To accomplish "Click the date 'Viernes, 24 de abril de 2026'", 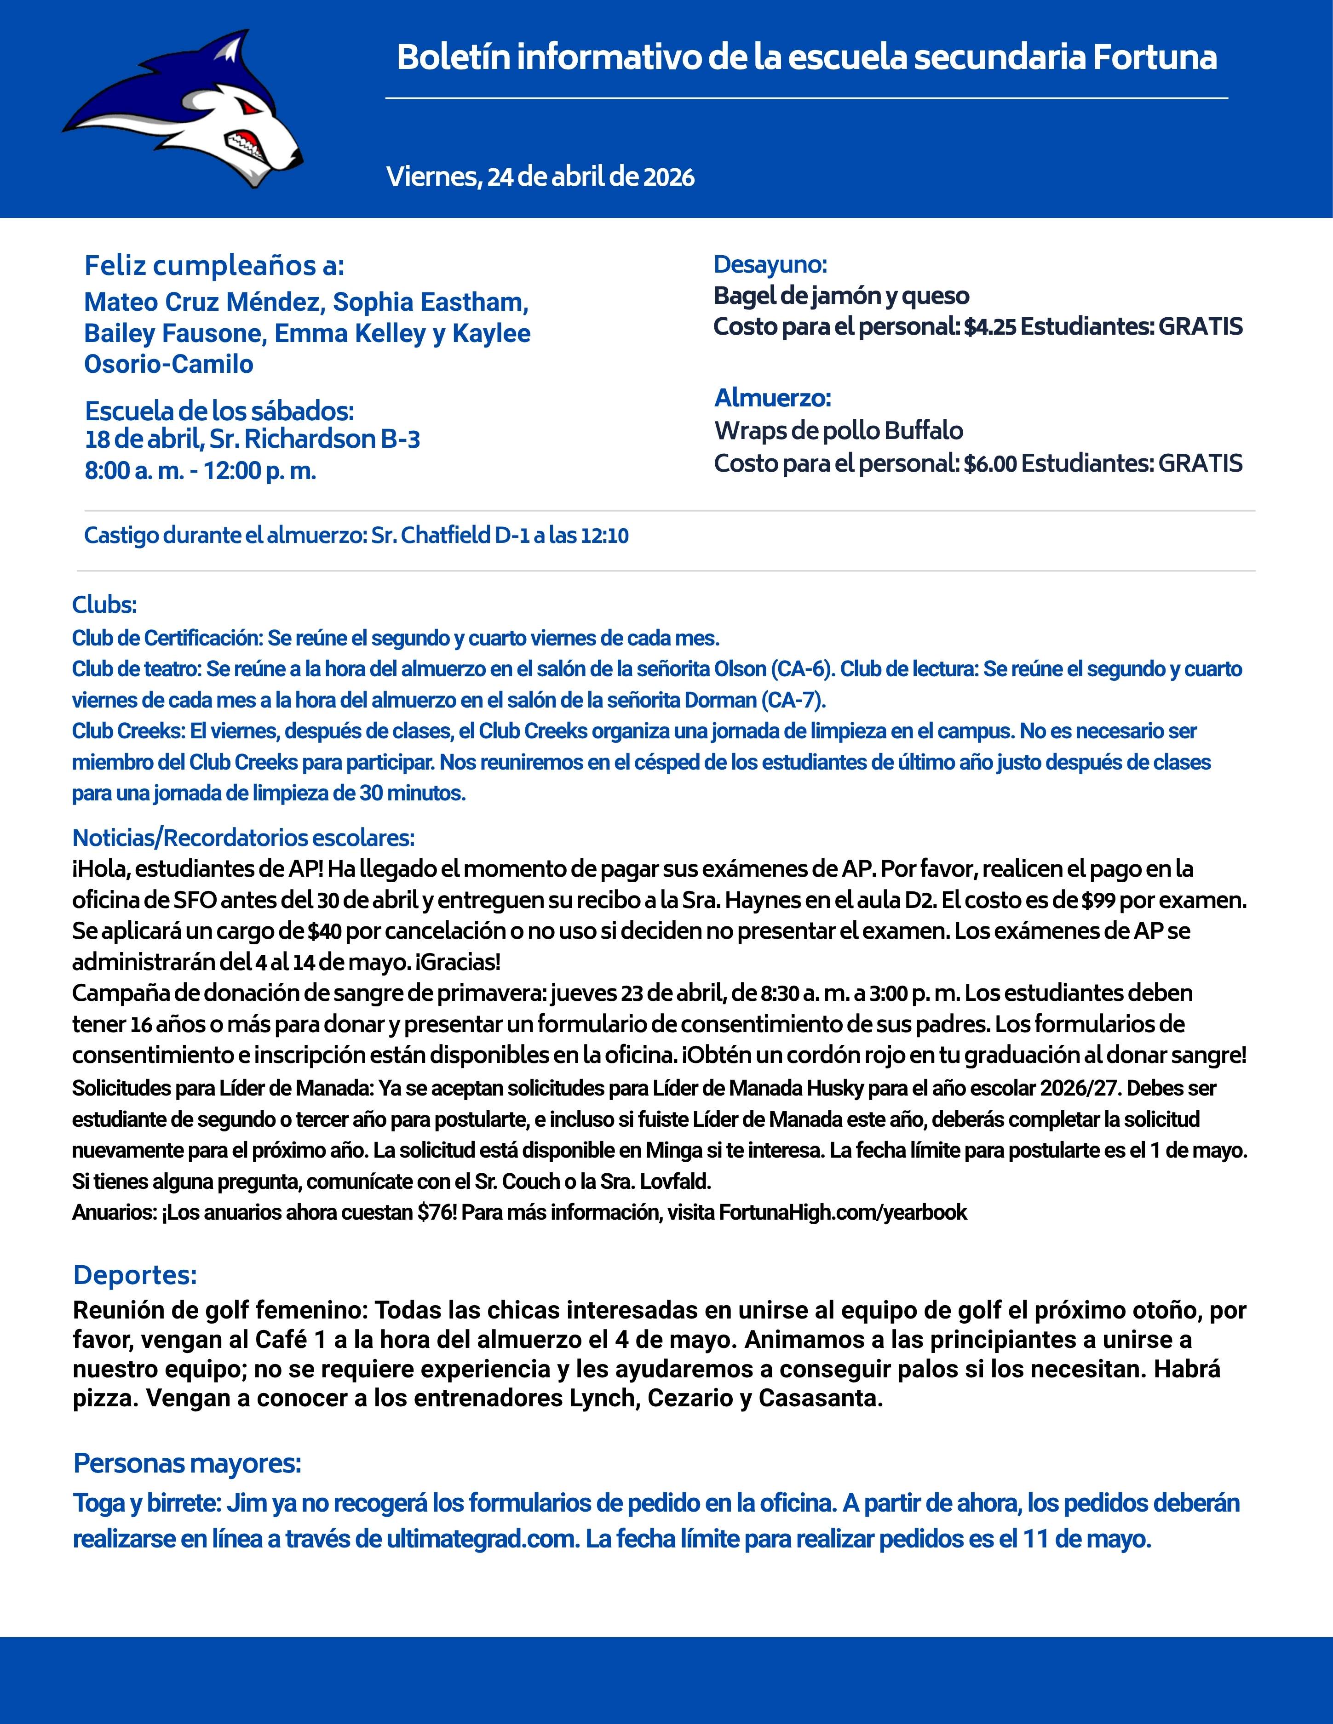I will click(x=540, y=177).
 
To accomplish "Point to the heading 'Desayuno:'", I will click(x=770, y=264).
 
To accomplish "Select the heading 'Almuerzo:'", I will click(x=772, y=398).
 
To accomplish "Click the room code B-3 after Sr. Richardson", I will click(x=400, y=439).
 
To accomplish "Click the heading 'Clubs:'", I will click(x=104, y=605).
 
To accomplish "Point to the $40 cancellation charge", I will click(x=325, y=931).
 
